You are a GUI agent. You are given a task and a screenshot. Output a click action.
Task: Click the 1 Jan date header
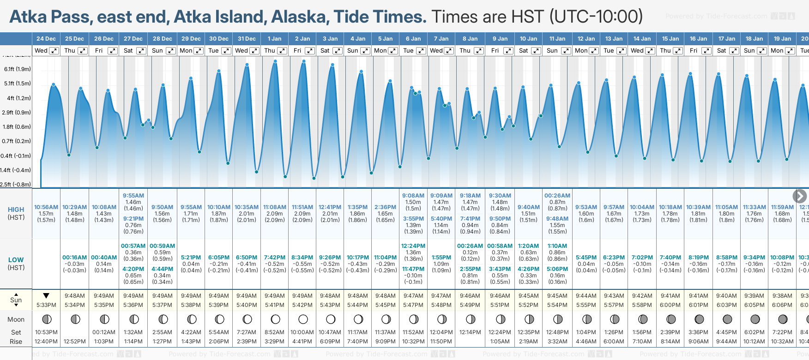tap(274, 39)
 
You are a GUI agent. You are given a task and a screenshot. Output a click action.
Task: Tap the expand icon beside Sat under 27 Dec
tap(141, 51)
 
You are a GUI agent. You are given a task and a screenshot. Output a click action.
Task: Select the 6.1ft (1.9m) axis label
tap(18, 69)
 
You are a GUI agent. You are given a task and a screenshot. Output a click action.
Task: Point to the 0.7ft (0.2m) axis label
tap(17, 141)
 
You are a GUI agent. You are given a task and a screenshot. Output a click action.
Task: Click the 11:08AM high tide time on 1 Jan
tap(274, 207)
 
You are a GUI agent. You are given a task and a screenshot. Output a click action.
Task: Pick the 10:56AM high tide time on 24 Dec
tap(46, 207)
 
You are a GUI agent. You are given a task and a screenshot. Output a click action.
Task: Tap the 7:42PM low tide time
tap(274, 258)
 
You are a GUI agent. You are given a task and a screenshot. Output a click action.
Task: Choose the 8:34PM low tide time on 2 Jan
tap(302, 258)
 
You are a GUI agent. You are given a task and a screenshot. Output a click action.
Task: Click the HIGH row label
tap(16, 210)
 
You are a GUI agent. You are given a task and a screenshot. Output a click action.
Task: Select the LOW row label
tap(16, 260)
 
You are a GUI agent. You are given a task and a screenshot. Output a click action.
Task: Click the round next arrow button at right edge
tap(799, 196)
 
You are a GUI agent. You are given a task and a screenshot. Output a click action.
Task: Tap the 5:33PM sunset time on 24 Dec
tap(46, 305)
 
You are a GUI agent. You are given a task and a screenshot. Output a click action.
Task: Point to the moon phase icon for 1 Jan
tap(276, 319)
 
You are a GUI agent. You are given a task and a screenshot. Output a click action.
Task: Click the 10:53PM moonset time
tap(46, 332)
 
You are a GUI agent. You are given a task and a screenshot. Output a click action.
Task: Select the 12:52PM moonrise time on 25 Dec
tap(75, 342)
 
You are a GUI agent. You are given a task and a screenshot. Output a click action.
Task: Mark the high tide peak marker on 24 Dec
tap(54, 84)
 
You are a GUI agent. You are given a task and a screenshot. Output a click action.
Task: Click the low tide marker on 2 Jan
tap(314, 178)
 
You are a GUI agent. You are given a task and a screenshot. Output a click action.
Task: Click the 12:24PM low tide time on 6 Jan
tap(413, 246)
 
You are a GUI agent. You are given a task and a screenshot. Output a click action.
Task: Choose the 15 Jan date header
tap(670, 39)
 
